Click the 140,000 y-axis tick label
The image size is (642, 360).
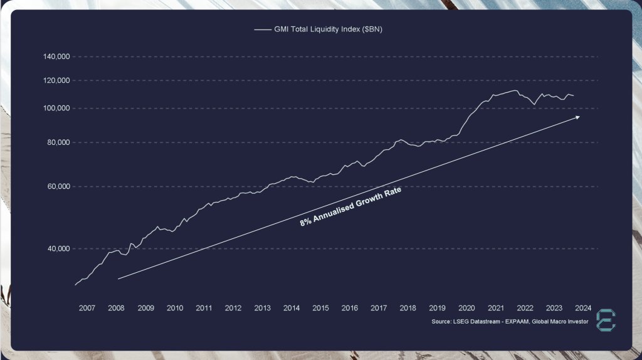pos(56,57)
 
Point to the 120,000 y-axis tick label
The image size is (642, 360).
pos(56,81)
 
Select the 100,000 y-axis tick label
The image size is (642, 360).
pos(56,109)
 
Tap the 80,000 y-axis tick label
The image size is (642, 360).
pos(58,143)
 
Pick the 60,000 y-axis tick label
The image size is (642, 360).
pos(58,187)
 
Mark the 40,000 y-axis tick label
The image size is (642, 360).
pos(58,249)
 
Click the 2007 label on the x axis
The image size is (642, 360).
pos(87,308)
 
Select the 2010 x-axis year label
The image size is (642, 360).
pos(175,308)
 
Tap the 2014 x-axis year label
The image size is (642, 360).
pos(292,308)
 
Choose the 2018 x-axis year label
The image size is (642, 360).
pos(408,308)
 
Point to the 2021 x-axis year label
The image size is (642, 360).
pos(496,308)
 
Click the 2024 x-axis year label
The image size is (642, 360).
pos(583,308)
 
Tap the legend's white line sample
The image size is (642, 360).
pos(261,29)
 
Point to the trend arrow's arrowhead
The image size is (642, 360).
pos(578,117)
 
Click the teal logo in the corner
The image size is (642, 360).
pos(606,319)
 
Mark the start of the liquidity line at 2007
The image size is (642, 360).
pos(75,285)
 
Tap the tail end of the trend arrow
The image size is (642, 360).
pos(118,278)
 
